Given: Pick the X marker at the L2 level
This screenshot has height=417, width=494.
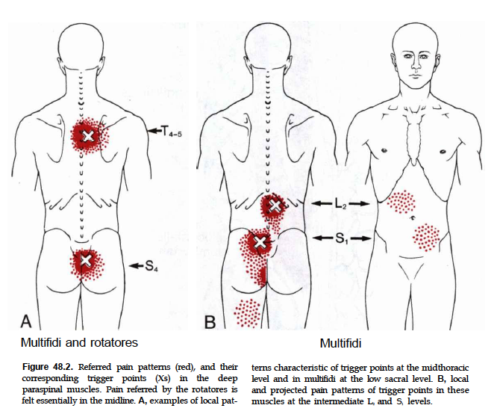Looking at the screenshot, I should pos(275,205).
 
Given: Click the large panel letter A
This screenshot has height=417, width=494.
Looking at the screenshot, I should pos(25,321).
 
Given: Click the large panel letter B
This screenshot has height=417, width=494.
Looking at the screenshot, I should pos(210,321).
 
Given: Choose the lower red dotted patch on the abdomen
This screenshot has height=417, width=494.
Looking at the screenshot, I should pos(426,237).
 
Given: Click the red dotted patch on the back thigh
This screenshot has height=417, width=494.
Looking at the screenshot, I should pos(246,312).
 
